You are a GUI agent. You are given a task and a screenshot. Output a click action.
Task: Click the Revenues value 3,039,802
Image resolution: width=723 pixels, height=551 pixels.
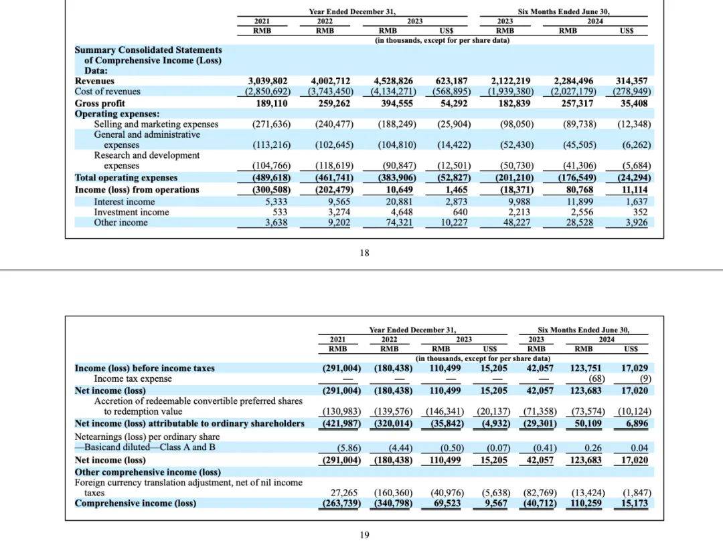click(x=268, y=81)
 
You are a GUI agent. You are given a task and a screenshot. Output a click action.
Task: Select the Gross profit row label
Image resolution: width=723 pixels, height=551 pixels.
click(x=100, y=103)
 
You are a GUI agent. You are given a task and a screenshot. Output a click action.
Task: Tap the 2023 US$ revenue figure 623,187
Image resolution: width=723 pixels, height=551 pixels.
click(x=451, y=81)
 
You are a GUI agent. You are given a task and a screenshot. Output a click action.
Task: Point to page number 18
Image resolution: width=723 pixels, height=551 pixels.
click(x=364, y=253)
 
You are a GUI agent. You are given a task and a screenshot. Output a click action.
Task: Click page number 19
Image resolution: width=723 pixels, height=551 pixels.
click(x=364, y=535)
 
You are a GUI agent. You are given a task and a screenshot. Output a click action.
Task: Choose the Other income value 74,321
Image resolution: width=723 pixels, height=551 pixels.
click(x=399, y=223)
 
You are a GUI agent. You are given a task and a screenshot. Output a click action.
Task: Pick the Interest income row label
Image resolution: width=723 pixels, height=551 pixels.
click(x=125, y=202)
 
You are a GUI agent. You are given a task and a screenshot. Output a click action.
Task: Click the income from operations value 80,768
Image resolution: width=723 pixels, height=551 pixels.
click(x=580, y=190)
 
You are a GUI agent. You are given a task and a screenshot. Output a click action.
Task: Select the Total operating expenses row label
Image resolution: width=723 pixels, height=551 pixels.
click(x=126, y=178)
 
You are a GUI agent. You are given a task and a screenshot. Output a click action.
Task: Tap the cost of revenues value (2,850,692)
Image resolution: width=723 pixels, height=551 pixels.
click(x=268, y=92)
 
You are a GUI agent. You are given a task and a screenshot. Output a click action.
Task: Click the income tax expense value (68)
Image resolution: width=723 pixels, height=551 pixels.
click(x=596, y=379)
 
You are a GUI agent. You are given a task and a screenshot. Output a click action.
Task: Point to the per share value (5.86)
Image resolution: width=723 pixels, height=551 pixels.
click(x=349, y=448)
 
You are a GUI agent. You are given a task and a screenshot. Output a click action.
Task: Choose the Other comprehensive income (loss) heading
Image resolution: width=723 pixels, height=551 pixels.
click(x=147, y=472)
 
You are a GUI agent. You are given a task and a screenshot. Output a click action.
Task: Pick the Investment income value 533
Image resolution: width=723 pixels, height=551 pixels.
click(x=280, y=213)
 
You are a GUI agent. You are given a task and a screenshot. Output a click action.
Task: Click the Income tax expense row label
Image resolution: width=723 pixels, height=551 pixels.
click(x=133, y=378)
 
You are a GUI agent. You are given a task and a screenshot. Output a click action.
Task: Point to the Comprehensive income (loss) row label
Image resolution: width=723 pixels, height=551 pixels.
click(x=135, y=503)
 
